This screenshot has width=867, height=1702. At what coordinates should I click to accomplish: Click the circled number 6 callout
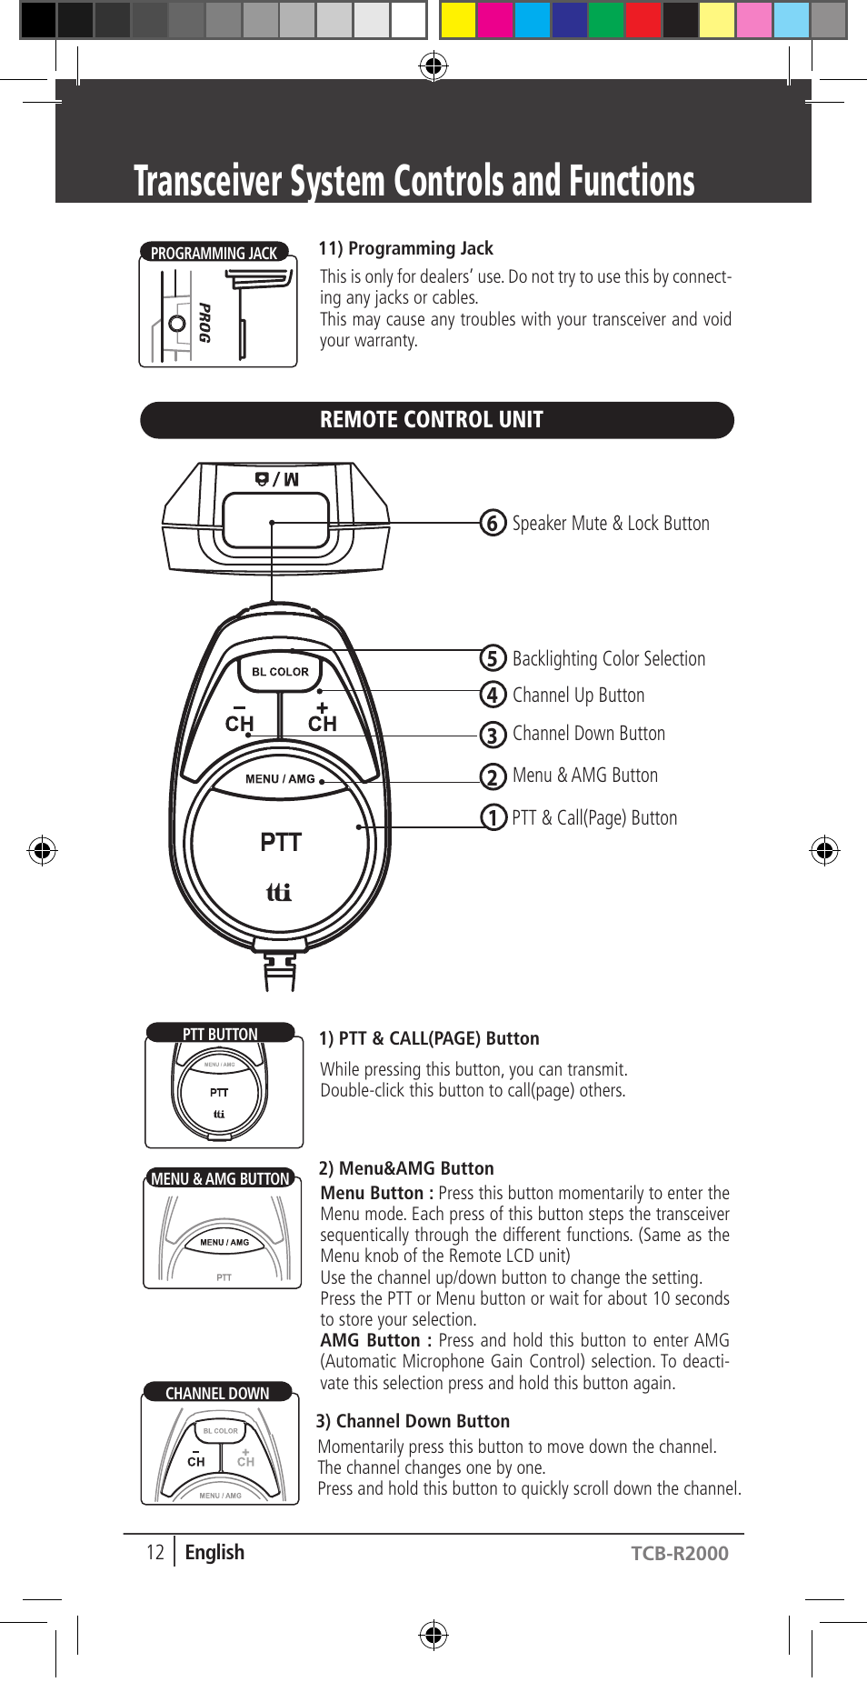click(493, 523)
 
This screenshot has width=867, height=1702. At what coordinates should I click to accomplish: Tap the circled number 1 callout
click(493, 817)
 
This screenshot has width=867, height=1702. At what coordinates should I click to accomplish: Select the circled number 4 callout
click(493, 695)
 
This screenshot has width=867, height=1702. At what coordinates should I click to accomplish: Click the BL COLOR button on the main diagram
click(280, 672)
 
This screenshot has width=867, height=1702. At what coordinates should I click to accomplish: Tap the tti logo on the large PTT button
click(278, 892)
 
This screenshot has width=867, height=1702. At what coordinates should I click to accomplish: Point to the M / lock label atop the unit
click(276, 479)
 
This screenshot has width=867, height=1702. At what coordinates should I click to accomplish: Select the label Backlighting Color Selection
click(608, 658)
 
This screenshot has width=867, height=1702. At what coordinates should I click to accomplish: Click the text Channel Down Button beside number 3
click(588, 734)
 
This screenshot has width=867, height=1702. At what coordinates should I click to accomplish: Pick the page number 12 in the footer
click(155, 1552)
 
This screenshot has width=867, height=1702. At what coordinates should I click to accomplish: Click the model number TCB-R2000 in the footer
click(679, 1553)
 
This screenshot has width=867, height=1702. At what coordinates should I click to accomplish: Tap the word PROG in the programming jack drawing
click(205, 323)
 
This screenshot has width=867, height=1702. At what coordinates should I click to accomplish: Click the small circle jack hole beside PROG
click(177, 323)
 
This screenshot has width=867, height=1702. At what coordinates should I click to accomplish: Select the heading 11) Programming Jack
click(405, 248)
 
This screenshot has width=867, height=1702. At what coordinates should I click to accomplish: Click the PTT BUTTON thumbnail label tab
click(220, 1034)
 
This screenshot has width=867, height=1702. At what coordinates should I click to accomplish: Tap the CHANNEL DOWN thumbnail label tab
click(217, 1393)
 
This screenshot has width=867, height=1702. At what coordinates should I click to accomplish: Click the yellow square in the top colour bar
click(458, 20)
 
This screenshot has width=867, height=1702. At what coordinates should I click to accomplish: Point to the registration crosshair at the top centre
click(433, 65)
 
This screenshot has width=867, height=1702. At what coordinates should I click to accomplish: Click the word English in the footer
click(214, 1552)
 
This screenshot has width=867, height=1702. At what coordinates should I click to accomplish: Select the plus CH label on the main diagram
click(322, 717)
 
